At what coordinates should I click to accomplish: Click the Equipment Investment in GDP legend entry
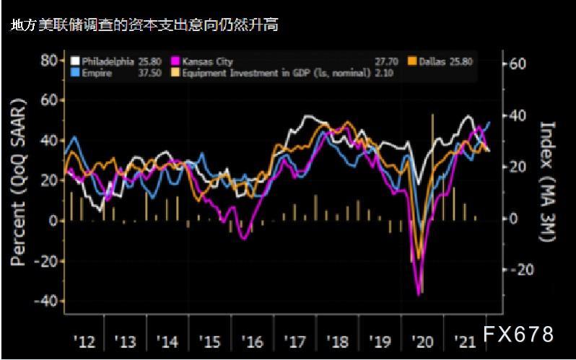click(274, 74)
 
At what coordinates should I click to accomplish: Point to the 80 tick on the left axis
click(49, 60)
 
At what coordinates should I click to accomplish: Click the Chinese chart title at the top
click(144, 25)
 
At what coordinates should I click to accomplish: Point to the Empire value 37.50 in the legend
click(151, 74)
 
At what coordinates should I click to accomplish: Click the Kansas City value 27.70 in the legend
click(388, 62)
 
